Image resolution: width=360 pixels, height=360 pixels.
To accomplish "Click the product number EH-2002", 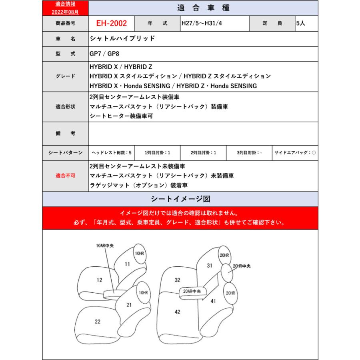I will tap(111, 24).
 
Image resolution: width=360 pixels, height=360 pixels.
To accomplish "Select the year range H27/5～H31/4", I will tap(202, 24).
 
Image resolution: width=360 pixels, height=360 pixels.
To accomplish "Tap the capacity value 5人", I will tap(300, 24).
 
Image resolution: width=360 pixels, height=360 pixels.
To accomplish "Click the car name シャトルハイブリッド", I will tap(122, 39).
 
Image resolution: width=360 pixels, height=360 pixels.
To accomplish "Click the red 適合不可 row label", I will tap(65, 176).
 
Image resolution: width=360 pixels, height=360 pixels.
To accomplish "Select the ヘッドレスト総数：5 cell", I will tap(111, 153).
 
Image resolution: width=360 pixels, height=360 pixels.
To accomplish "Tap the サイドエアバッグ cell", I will tap(295, 153).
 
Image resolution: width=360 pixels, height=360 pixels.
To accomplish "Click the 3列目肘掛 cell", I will tap(249, 153).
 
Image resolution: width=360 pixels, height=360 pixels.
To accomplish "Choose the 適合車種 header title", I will tap(203, 8).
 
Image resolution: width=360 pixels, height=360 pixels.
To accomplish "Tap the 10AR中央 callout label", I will tap(104, 246).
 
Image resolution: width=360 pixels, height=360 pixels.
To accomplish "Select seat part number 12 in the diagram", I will tap(100, 280).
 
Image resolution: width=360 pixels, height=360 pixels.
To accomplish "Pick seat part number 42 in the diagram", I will tap(178, 311).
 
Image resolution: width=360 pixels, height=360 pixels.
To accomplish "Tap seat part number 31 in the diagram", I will tap(209, 265).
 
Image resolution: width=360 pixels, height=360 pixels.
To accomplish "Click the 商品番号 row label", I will tap(65, 24).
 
